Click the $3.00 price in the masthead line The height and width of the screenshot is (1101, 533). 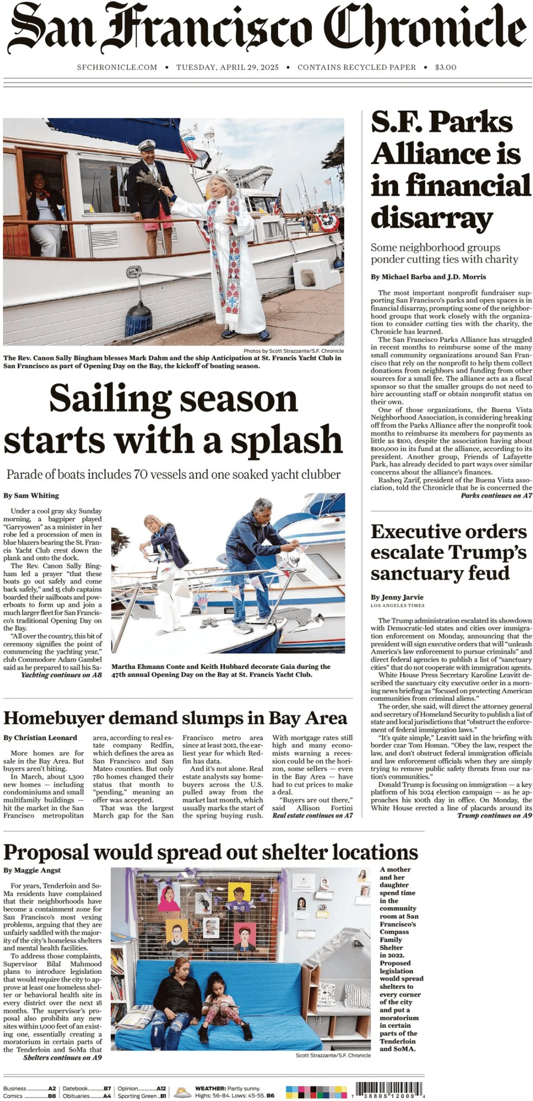[x=445, y=67]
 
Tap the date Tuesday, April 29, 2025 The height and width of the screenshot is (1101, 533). [x=227, y=67]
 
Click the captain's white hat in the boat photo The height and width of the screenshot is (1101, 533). [x=147, y=145]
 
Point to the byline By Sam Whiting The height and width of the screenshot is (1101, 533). [x=31, y=496]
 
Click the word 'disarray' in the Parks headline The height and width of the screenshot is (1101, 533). [x=432, y=217]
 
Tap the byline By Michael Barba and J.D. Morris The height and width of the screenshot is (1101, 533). [x=428, y=277]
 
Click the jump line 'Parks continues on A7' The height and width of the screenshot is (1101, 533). [x=496, y=496]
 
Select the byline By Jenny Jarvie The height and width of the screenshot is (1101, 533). [x=397, y=597]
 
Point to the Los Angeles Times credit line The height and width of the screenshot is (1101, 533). [x=398, y=605]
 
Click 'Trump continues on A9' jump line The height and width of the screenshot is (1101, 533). [x=494, y=816]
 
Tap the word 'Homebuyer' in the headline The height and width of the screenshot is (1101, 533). [x=53, y=718]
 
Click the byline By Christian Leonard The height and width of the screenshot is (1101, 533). [x=40, y=738]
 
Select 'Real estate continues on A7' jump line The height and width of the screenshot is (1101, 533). [x=312, y=816]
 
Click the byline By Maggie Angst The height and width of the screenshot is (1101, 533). [x=32, y=870]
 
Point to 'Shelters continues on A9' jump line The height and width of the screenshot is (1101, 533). [x=62, y=1058]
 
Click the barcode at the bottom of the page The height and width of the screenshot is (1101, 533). [x=389, y=1090]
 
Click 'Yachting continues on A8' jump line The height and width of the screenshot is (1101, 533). [x=61, y=675]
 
